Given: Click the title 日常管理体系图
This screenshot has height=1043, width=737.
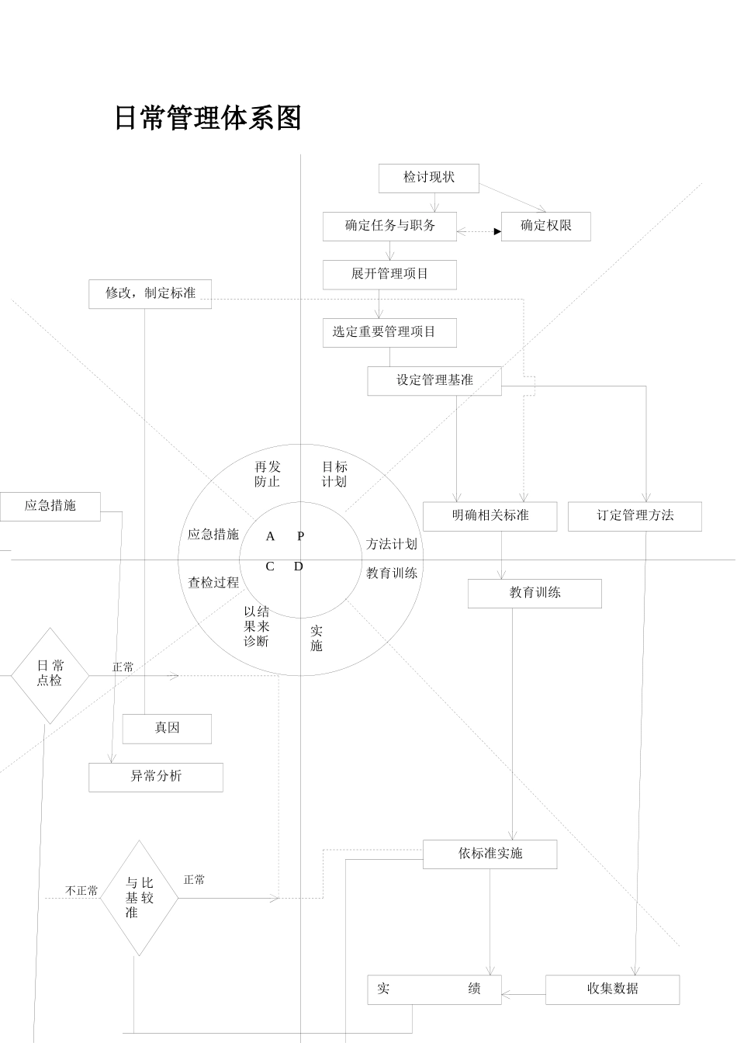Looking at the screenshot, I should pos(207,118).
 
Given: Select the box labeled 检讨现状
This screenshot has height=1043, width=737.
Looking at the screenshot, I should pos(428,178).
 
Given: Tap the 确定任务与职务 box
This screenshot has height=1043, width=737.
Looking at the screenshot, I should pos(389,226).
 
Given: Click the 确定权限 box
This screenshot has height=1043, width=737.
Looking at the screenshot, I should pos(545,226).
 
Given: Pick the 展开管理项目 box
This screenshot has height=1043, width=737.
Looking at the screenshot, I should pos(389,274).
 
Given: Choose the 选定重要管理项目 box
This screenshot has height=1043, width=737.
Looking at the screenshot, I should pos(389,332).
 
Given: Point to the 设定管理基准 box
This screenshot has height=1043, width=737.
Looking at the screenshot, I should pos(434,380).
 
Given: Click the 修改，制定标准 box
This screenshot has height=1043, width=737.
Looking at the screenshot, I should pos(150,293).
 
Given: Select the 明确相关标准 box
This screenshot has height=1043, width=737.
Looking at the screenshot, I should pos(490,516).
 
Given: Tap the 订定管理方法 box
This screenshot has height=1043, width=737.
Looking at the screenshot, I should pos(635,516).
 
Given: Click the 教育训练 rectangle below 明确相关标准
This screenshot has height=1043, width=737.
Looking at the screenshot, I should pos(535,593).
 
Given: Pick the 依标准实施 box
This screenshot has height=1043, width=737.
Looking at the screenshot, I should pos(490,854).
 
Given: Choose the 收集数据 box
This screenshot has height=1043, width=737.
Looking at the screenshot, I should pos(612,989).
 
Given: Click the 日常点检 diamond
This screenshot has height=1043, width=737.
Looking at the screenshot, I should pos(50,674).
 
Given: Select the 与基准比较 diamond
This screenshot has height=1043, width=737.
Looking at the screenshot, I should pos(139,898).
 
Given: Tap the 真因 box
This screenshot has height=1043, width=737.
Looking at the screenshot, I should pos(167,728).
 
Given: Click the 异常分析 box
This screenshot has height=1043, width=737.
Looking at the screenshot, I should pos(156,776).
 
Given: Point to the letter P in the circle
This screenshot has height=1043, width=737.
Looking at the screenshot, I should pos(301,536).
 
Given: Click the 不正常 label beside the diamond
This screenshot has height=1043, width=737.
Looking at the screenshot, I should pos(81,891).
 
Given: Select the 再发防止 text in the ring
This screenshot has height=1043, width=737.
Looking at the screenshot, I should pos(268,474).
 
